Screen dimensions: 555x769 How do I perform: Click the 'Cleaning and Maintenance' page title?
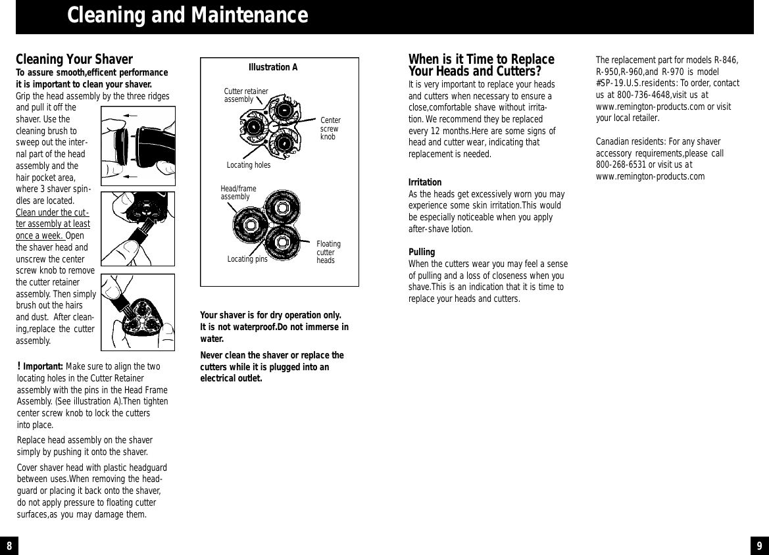pos(187,15)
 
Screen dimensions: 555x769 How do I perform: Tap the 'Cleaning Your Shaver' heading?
pos(74,60)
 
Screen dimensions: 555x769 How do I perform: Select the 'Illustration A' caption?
pos(273,67)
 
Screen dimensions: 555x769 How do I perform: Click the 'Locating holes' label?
pos(248,165)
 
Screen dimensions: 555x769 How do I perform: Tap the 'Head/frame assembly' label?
pos(238,193)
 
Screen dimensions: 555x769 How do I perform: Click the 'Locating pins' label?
pos(247,259)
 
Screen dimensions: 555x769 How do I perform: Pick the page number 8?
pos(9,546)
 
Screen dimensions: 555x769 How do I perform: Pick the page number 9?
pos(759,546)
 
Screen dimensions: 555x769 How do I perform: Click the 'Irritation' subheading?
pos(425,182)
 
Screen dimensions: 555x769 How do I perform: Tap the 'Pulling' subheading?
pos(422,253)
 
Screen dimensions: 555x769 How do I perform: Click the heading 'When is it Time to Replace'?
pos(481,60)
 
